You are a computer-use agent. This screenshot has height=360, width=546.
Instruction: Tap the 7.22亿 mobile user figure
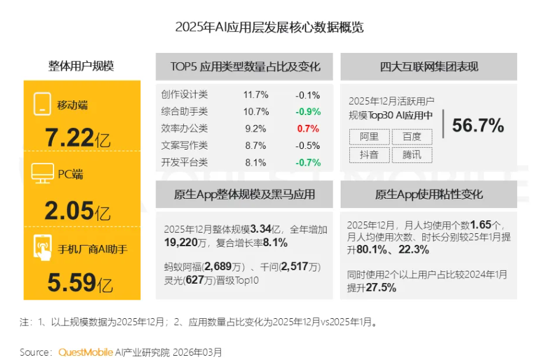click(x=77, y=138)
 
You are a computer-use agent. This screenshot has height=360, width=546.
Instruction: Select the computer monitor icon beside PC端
click(x=42, y=174)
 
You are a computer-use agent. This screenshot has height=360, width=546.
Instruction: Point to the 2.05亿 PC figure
click(x=77, y=211)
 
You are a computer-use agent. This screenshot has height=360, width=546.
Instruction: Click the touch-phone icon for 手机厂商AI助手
click(x=42, y=249)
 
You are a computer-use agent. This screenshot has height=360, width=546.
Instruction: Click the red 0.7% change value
click(x=308, y=129)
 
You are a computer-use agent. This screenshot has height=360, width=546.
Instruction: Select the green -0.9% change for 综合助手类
click(x=307, y=111)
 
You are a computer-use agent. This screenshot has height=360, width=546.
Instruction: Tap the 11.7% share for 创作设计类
click(x=256, y=95)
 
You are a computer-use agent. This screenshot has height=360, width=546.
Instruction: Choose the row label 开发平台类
click(x=184, y=162)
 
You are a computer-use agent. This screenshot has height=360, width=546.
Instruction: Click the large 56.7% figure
click(x=478, y=126)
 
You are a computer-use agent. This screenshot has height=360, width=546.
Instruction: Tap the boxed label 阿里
click(x=369, y=137)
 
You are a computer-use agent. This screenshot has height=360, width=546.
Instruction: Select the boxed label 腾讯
click(x=411, y=154)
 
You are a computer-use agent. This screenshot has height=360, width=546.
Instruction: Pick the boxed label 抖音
click(x=369, y=154)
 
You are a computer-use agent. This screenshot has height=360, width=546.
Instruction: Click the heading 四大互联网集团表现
click(x=429, y=67)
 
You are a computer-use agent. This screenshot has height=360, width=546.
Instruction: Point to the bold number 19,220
click(x=183, y=243)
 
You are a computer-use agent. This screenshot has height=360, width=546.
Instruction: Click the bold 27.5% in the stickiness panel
click(x=381, y=287)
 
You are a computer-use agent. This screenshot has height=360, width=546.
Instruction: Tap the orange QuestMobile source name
click(x=85, y=353)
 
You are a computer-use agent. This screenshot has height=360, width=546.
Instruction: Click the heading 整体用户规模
click(x=81, y=66)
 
